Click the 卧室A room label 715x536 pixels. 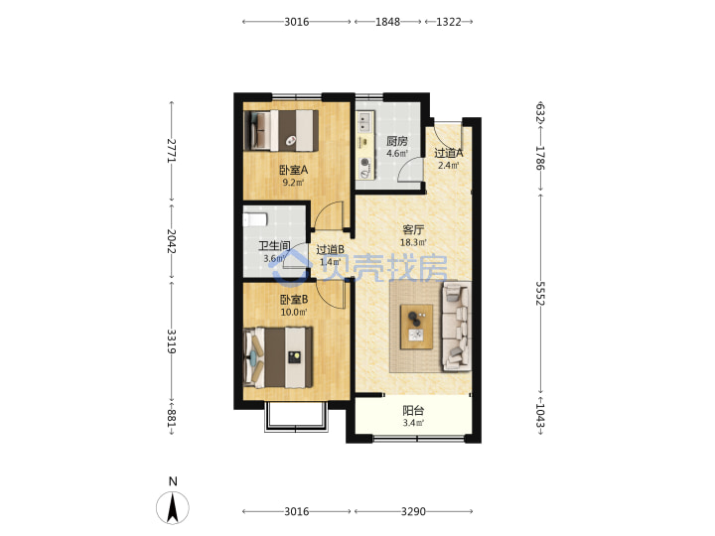click(294, 170)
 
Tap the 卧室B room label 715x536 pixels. click(294, 300)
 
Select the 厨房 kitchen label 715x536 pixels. click(396, 141)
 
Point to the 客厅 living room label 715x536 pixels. click(413, 229)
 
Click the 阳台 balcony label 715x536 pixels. click(413, 410)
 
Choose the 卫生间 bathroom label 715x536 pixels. click(274, 246)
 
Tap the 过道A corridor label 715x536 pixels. click(449, 153)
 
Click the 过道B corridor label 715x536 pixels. click(330, 249)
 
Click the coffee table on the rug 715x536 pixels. click(416, 328)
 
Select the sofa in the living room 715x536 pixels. click(457, 327)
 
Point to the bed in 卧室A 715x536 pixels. click(281, 130)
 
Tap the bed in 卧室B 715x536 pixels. click(278, 357)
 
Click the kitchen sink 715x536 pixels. click(363, 121)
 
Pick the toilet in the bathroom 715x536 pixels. click(254, 219)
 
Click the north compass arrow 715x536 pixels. click(173, 508)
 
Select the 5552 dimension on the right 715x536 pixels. click(540, 293)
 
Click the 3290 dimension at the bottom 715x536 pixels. click(413, 511)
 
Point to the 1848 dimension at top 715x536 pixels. click(387, 22)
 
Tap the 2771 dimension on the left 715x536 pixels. click(172, 151)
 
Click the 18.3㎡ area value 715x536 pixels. click(413, 242)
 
